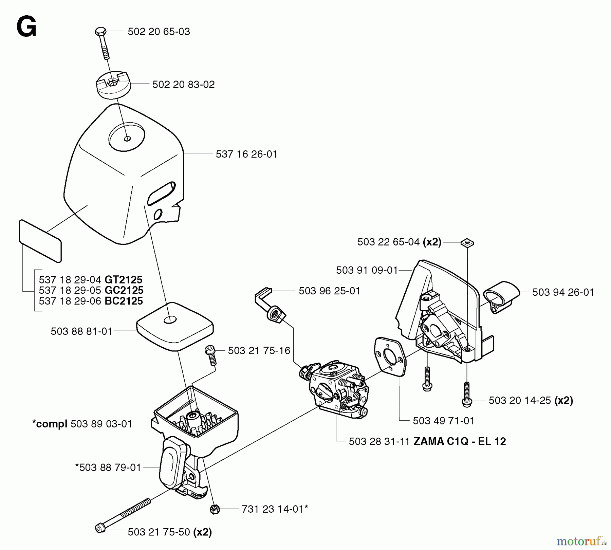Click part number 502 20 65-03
(159, 32)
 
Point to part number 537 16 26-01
(246, 154)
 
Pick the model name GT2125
(124, 280)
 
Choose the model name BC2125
(124, 301)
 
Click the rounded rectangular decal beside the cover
(40, 241)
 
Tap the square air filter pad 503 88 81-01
(175, 326)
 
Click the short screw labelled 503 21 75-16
(211, 355)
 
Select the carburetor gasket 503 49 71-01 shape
(390, 356)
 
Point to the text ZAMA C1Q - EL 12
(460, 441)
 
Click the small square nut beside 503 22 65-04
(467, 243)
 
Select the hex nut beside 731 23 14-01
(215, 509)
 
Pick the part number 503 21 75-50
(159, 532)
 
